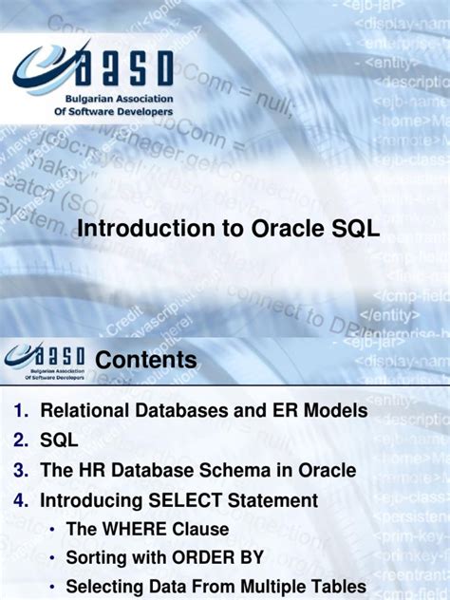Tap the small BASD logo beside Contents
tap(45, 359)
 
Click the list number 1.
tap(20, 411)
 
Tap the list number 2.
tap(20, 441)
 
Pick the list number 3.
tap(20, 470)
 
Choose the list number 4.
tap(20, 499)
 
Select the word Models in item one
tap(333, 411)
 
